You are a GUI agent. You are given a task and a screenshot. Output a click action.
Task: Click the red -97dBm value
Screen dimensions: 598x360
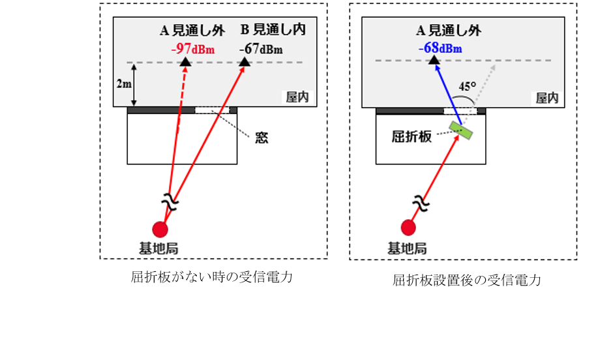193,49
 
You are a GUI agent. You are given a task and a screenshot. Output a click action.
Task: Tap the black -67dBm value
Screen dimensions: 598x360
261,49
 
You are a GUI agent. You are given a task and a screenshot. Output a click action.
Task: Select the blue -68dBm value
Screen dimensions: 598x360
440,48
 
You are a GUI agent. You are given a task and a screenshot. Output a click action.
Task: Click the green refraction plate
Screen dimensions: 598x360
460,130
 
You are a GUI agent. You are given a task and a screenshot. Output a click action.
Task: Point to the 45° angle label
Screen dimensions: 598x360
467,87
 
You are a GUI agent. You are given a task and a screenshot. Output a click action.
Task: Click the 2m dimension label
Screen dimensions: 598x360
124,83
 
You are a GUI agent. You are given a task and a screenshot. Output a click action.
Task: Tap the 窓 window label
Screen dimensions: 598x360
262,138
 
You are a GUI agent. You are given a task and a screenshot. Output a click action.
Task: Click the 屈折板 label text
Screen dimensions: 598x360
411,136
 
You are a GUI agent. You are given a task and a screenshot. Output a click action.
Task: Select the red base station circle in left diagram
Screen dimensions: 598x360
160,229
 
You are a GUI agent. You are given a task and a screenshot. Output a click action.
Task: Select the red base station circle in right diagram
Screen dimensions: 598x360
408,228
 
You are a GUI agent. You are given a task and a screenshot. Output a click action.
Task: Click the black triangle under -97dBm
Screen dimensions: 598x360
185,62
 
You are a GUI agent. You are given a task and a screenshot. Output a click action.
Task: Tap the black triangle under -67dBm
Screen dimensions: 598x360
245,61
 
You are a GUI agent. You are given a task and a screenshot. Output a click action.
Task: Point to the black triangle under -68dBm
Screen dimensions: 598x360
434,59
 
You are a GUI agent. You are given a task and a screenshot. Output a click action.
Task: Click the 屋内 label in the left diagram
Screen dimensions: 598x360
297,97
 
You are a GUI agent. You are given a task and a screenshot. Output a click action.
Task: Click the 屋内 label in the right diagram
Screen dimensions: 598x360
547,98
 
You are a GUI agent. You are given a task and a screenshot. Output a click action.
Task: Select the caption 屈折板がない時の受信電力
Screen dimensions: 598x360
212,277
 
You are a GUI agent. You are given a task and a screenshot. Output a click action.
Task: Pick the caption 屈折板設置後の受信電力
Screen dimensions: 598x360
467,280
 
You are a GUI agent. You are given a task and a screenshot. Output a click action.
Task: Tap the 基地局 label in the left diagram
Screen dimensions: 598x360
158,248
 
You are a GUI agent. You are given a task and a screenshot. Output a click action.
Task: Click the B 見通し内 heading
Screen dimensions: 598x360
273,29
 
